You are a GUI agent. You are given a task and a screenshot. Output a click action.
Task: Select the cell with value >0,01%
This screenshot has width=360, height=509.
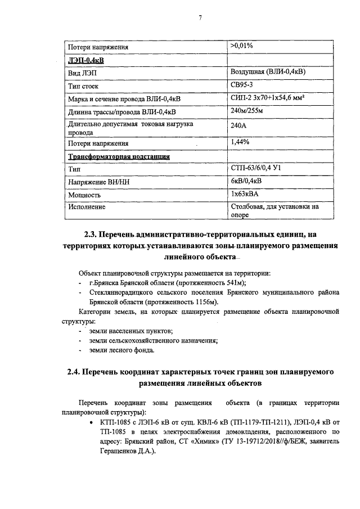click(x=242, y=46)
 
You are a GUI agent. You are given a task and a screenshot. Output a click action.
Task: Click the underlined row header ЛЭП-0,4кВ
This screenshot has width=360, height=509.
click(x=85, y=60)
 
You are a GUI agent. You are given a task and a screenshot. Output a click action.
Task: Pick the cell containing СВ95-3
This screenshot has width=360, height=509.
click(x=242, y=85)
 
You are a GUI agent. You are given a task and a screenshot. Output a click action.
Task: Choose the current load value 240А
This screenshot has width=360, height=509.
click(x=240, y=128)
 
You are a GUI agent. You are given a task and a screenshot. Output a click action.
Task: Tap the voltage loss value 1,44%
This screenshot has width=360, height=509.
click(x=240, y=142)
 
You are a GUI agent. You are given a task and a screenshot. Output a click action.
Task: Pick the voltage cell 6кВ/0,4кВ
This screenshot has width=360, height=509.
click(x=246, y=181)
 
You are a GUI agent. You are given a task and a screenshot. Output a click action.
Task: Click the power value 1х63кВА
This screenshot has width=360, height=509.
click(x=246, y=194)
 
